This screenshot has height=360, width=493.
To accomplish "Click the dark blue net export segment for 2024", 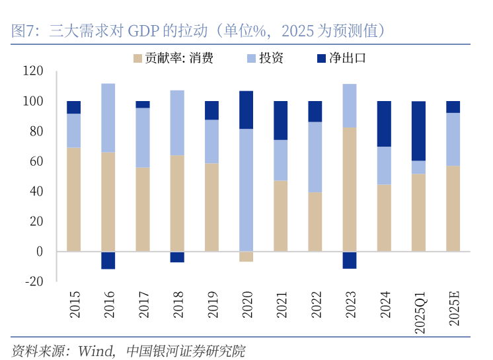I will (384, 124).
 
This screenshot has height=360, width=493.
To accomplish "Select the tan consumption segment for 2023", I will (350, 190).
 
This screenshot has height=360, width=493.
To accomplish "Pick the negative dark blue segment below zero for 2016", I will (108, 260).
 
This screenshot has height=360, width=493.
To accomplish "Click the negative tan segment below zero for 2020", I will (246, 256).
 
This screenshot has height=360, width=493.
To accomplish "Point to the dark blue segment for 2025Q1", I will (418, 131).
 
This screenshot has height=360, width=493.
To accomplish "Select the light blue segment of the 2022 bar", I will (315, 157).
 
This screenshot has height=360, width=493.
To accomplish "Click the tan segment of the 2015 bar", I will (74, 199).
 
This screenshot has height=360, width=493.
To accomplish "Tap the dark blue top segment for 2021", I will (280, 120).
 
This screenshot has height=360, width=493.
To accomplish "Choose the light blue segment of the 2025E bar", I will (453, 139).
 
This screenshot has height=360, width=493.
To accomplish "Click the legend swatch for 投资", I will (251, 58).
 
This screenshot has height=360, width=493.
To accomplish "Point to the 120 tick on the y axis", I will (32, 71).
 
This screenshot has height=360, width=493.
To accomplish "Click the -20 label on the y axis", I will (32, 281).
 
